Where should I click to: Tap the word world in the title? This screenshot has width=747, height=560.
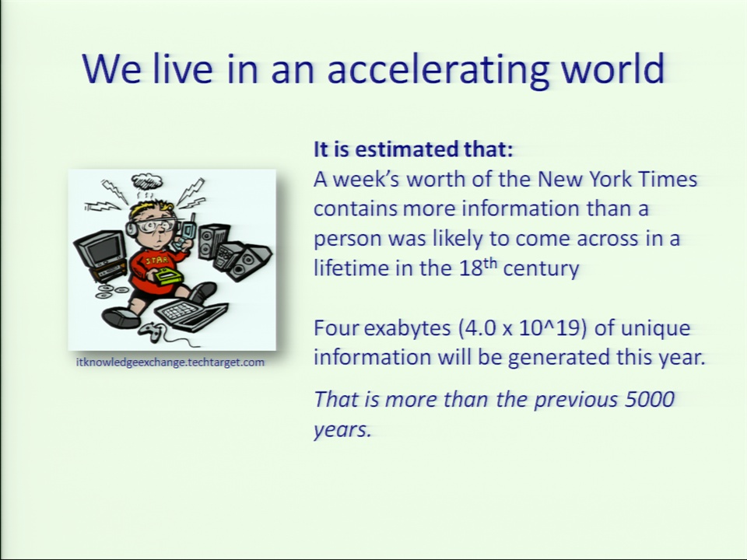tap(612, 68)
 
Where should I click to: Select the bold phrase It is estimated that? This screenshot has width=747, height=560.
tap(413, 149)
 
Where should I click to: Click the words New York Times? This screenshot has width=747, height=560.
tap(617, 180)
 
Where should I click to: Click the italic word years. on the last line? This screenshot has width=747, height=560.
tap(342, 430)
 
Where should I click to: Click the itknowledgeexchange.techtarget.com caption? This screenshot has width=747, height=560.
tap(170, 362)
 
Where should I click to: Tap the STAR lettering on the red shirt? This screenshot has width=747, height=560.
tap(156, 261)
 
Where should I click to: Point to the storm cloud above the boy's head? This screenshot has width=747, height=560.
tap(147, 181)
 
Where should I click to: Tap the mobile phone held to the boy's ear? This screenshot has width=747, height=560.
tap(187, 231)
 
